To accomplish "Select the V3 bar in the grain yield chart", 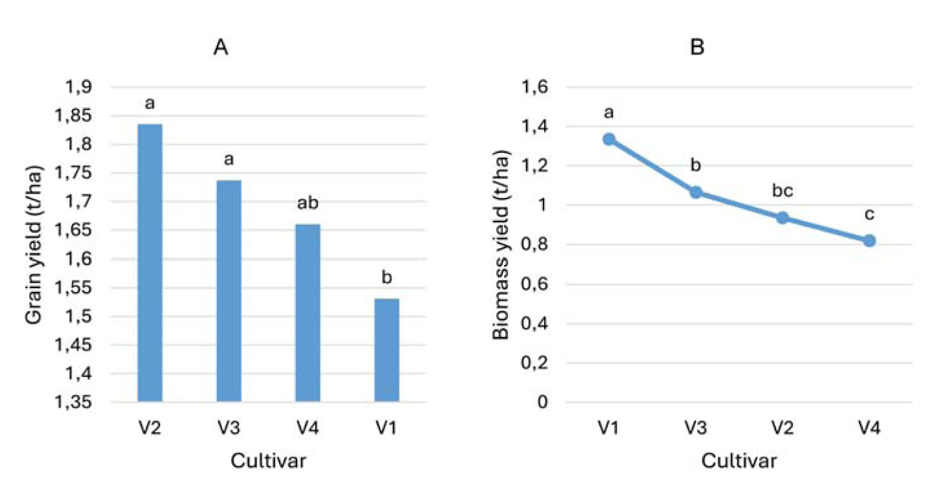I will point(229,291).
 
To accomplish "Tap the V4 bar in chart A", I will point(308,313).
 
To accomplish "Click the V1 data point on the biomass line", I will point(609,139).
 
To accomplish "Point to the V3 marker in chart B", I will point(695,192).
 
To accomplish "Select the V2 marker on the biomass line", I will point(782,217).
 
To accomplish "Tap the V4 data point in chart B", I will point(869,240).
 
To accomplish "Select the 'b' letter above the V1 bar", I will point(387,278).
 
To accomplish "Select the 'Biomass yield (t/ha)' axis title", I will point(502,245).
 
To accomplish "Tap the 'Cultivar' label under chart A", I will point(268,461).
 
